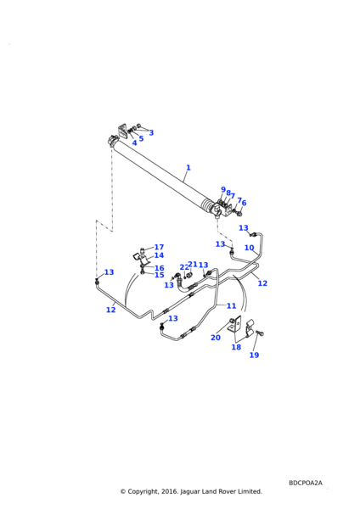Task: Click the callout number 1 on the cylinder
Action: (188, 168)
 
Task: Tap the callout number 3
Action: (151, 132)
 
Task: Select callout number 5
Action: (141, 138)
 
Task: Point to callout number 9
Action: (223, 189)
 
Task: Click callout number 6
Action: (244, 203)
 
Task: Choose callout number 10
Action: (250, 248)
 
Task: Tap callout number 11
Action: (231, 305)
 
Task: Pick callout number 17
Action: (159, 247)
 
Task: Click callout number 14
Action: (159, 255)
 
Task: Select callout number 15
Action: (160, 275)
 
